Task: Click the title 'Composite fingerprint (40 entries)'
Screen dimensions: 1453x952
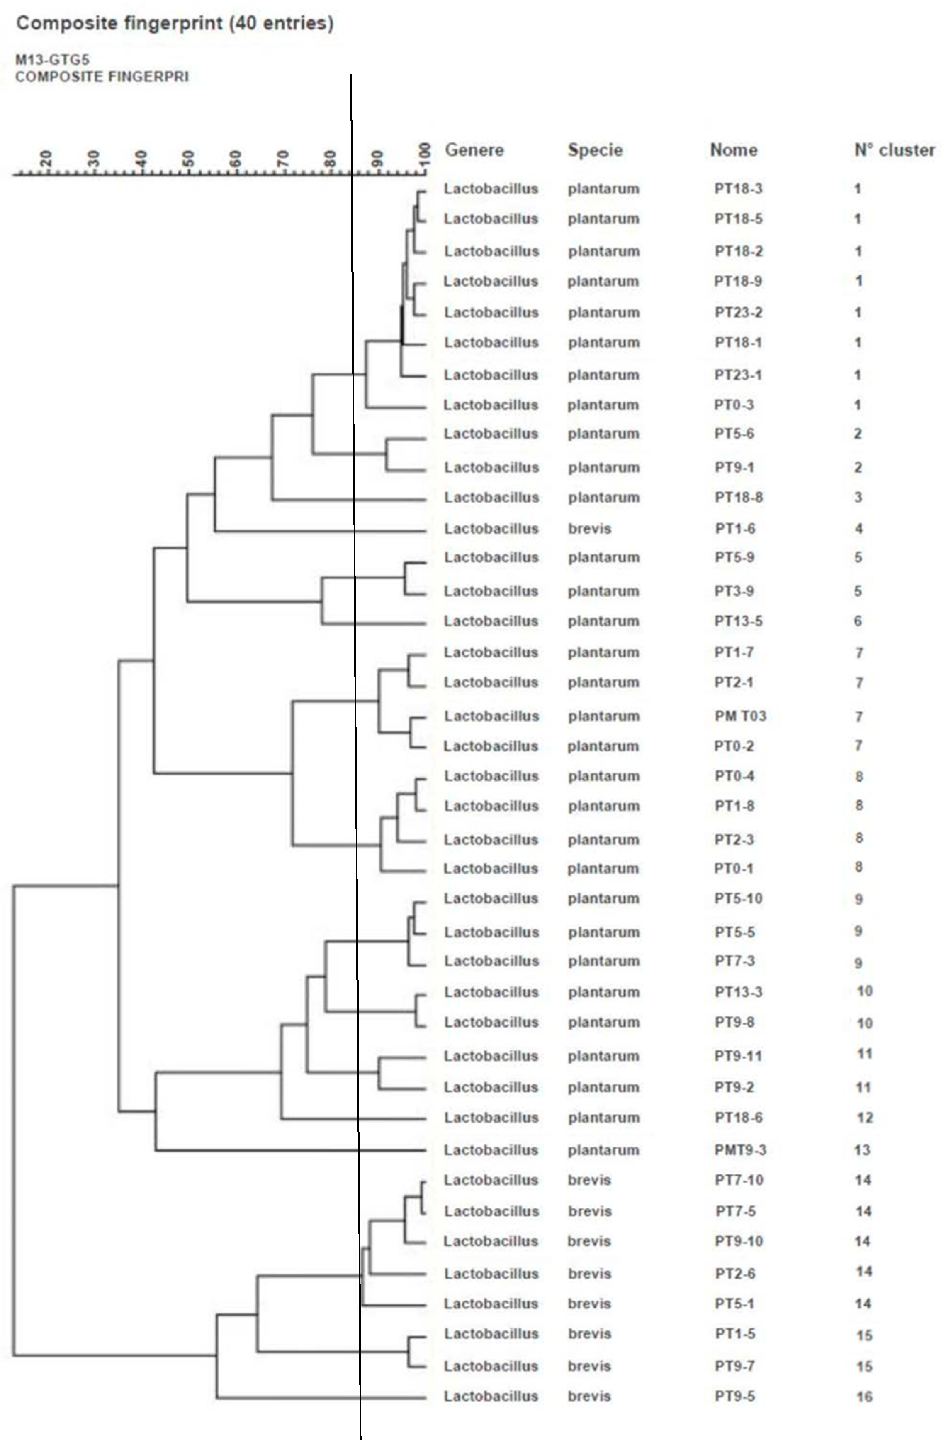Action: pos(175,24)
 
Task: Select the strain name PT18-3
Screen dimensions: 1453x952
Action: pos(738,189)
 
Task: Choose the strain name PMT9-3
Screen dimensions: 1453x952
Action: pos(740,1150)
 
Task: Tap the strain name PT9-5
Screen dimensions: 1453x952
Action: pos(734,1396)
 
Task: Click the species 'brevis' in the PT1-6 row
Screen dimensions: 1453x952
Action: pos(589,529)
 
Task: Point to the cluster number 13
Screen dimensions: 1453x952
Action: pos(862,1150)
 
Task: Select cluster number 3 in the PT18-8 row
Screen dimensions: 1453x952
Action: pos(858,498)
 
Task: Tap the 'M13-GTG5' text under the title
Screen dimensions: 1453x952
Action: pos(52,60)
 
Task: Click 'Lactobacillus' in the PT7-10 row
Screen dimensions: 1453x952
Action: pos(491,1180)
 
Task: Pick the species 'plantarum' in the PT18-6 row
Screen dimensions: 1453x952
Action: pos(603,1118)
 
